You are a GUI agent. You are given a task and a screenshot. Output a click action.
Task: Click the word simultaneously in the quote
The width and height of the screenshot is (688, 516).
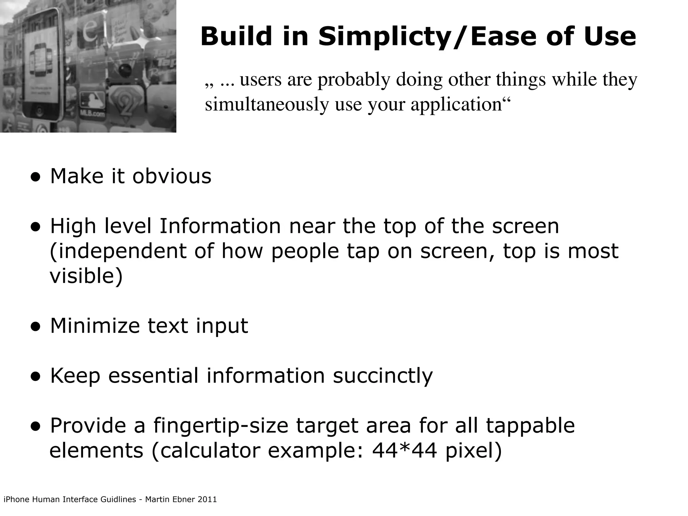click(x=267, y=105)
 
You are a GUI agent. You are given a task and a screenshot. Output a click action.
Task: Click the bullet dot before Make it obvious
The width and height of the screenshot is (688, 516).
click(x=36, y=177)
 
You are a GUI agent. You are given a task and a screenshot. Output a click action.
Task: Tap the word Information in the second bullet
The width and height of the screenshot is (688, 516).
click(x=220, y=226)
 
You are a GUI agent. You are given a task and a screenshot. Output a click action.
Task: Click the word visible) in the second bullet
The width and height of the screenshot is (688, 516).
click(x=86, y=276)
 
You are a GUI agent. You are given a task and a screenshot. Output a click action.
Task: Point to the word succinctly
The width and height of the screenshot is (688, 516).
click(x=383, y=376)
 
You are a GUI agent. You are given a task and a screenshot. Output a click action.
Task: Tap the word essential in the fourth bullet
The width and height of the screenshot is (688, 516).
click(x=153, y=376)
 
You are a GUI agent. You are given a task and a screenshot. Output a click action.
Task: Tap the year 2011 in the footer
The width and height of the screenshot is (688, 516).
click(x=207, y=500)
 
